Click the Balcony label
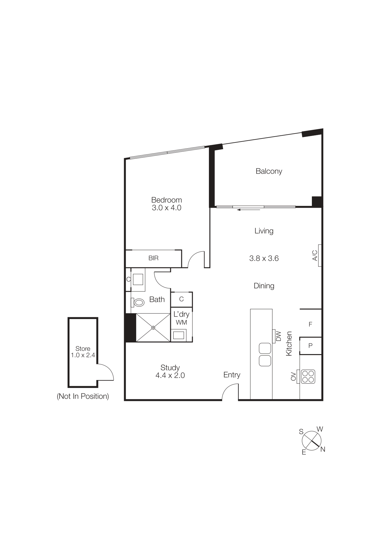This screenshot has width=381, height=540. (x=269, y=171)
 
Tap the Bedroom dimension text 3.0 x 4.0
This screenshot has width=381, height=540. (x=167, y=208)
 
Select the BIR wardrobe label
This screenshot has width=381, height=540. (x=153, y=258)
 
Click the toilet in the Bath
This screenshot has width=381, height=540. (x=138, y=302)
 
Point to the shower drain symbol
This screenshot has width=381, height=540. (x=153, y=328)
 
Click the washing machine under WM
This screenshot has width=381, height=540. (x=179, y=335)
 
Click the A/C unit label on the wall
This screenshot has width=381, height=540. (x=315, y=255)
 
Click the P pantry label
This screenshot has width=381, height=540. (x=310, y=346)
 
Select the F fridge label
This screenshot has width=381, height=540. (x=310, y=324)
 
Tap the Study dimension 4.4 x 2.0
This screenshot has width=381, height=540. (x=170, y=375)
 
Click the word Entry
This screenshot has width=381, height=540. (x=232, y=375)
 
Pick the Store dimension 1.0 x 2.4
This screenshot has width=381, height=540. (x=83, y=355)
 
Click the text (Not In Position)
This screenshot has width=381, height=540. (x=83, y=396)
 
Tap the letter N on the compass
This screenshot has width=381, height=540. (x=323, y=449)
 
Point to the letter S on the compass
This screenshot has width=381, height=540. (x=301, y=432)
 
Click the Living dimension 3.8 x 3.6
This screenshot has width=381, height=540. (x=264, y=258)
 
